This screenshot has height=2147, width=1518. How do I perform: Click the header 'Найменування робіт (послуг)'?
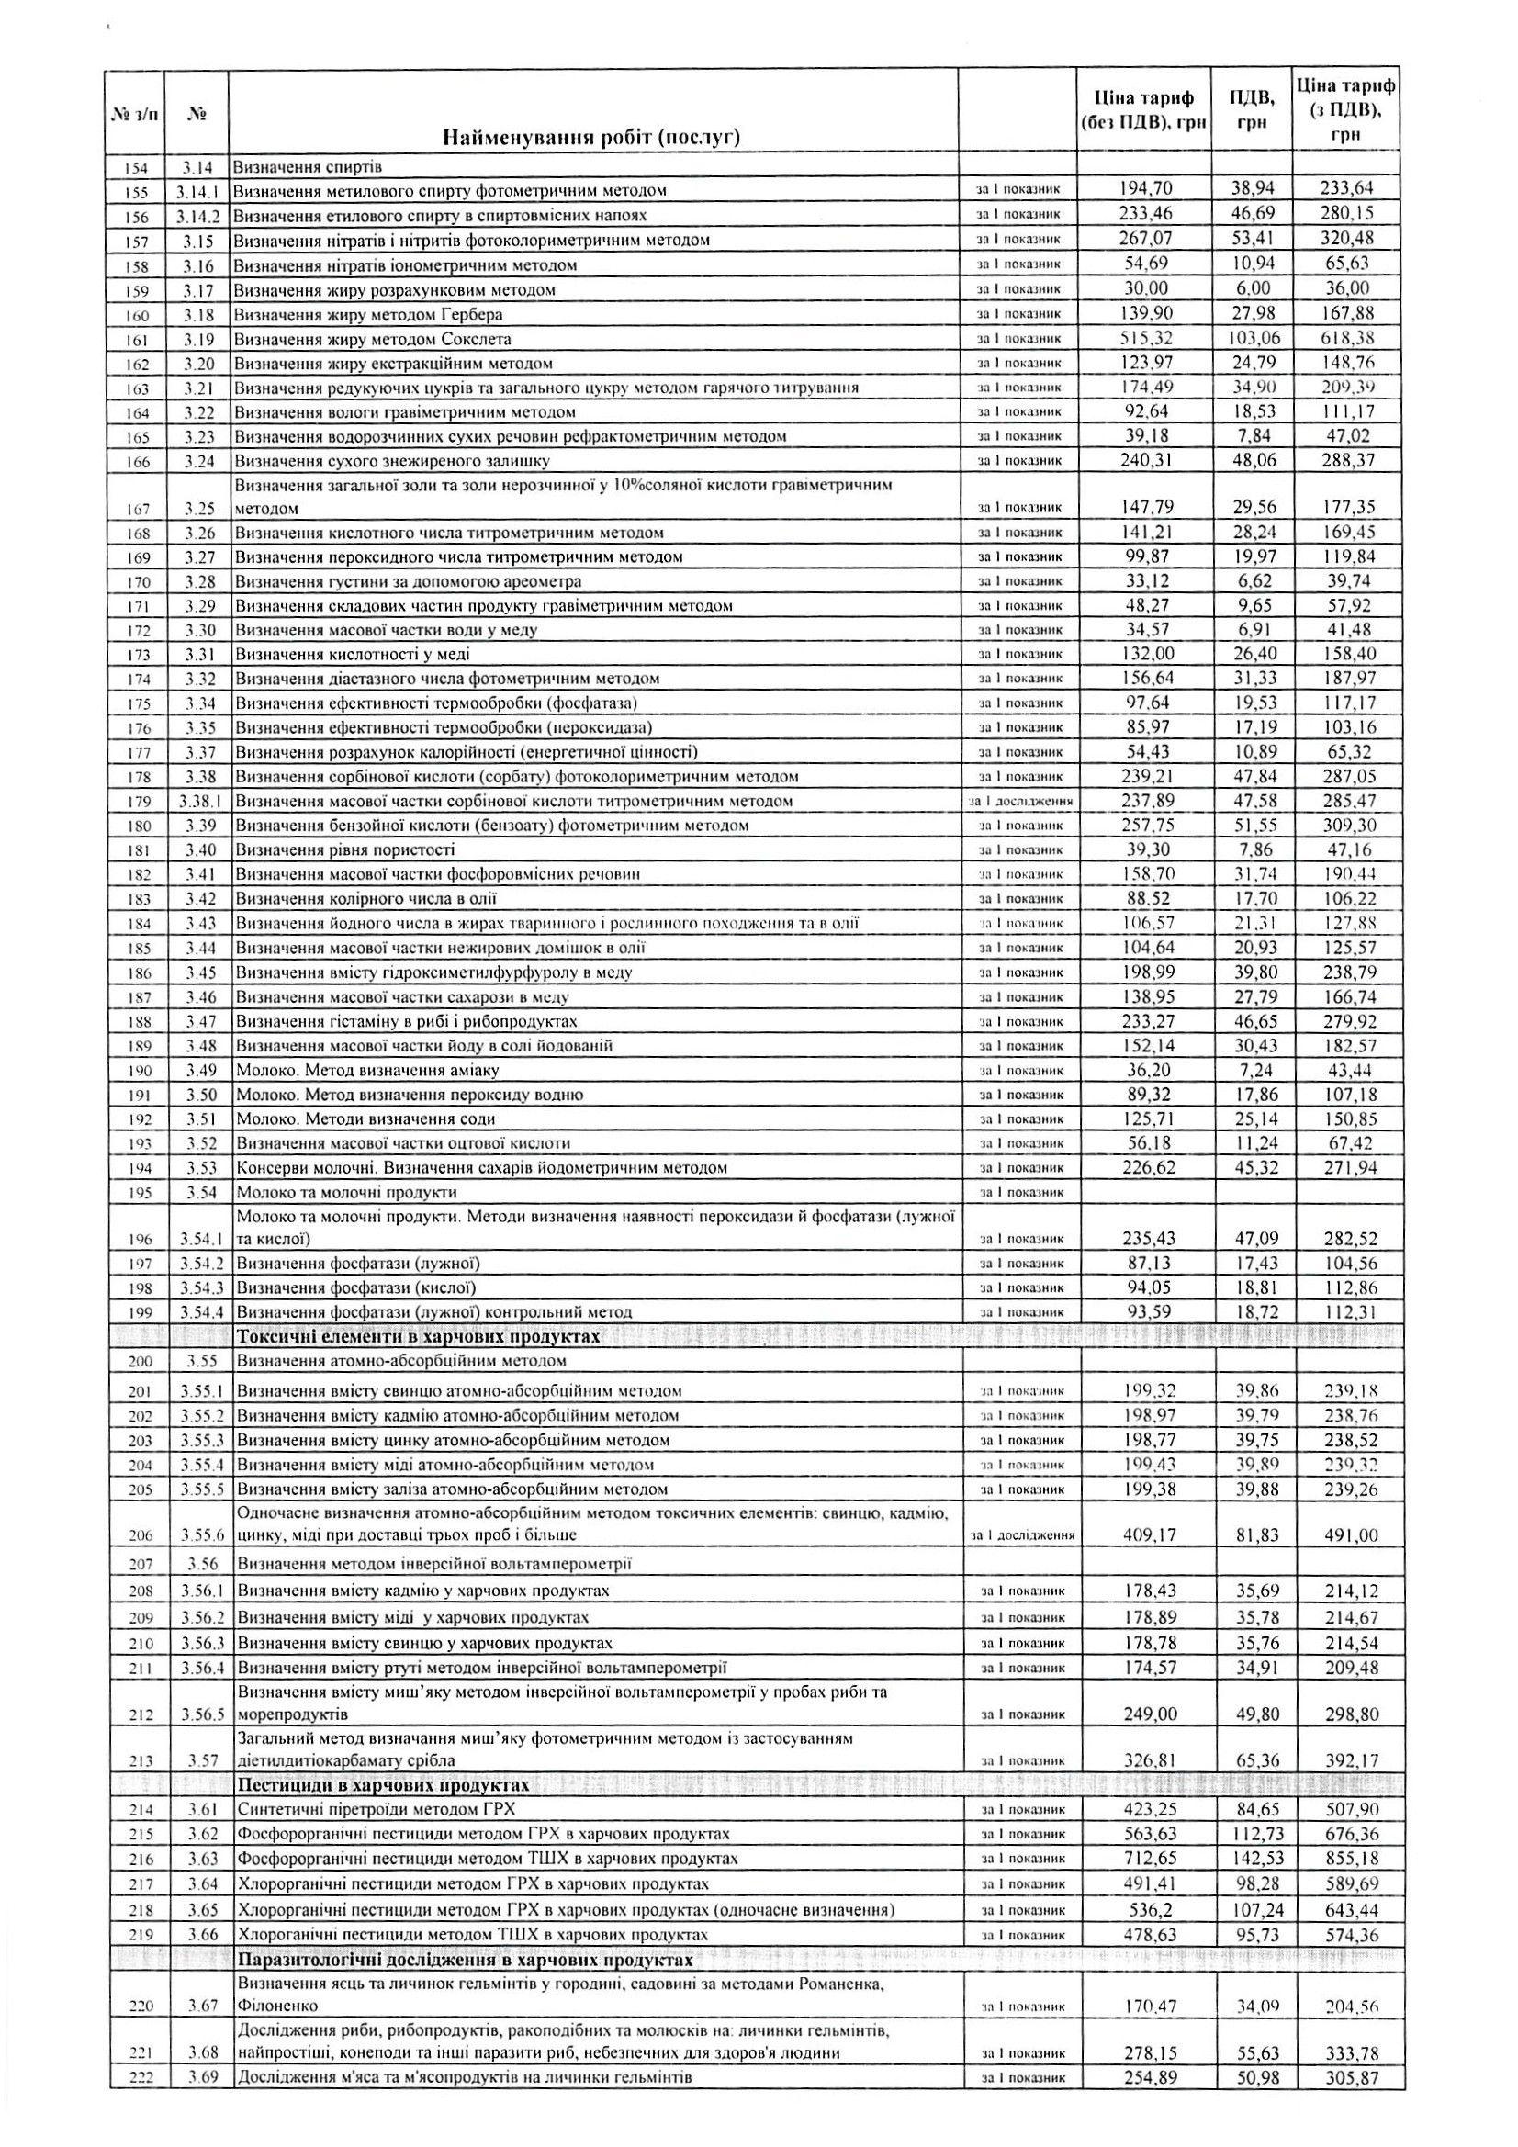coord(591,139)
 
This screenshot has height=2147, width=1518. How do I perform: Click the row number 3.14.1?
coord(197,191)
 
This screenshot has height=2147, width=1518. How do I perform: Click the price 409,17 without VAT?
coord(1148,1534)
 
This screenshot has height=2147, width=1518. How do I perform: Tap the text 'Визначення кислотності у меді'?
coord(353,654)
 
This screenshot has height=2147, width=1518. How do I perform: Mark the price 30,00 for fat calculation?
coord(1148,289)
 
